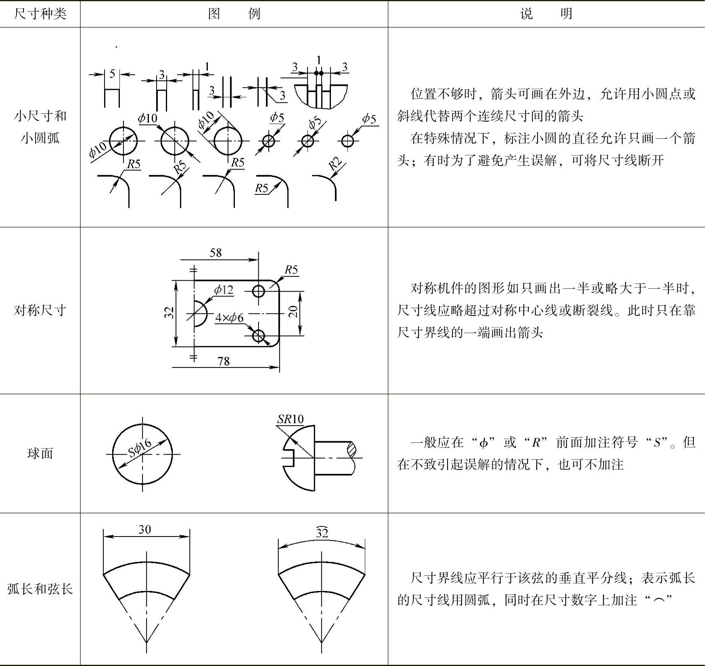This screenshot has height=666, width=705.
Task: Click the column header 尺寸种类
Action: [40, 14]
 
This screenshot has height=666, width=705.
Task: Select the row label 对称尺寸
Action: [40, 310]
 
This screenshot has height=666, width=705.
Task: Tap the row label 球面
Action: [40, 453]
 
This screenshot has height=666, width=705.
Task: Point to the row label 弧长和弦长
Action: [40, 589]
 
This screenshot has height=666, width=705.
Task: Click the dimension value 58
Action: [216, 253]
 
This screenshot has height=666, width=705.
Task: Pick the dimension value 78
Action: [224, 361]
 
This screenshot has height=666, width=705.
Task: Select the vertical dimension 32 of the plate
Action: [169, 313]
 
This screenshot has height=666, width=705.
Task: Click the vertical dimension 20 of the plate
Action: [293, 311]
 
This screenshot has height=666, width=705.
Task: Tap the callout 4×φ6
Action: [229, 318]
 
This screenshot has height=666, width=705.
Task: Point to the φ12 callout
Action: [224, 289]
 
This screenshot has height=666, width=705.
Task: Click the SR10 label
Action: [290, 419]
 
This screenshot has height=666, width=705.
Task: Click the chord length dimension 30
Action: [145, 529]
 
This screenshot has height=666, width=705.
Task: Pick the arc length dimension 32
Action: [322, 533]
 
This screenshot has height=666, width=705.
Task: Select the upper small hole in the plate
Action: [258, 291]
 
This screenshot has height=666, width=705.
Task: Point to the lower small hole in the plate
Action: [258, 335]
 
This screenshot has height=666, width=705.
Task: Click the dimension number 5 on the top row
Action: [112, 73]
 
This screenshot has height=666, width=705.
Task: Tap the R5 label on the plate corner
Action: [291, 269]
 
